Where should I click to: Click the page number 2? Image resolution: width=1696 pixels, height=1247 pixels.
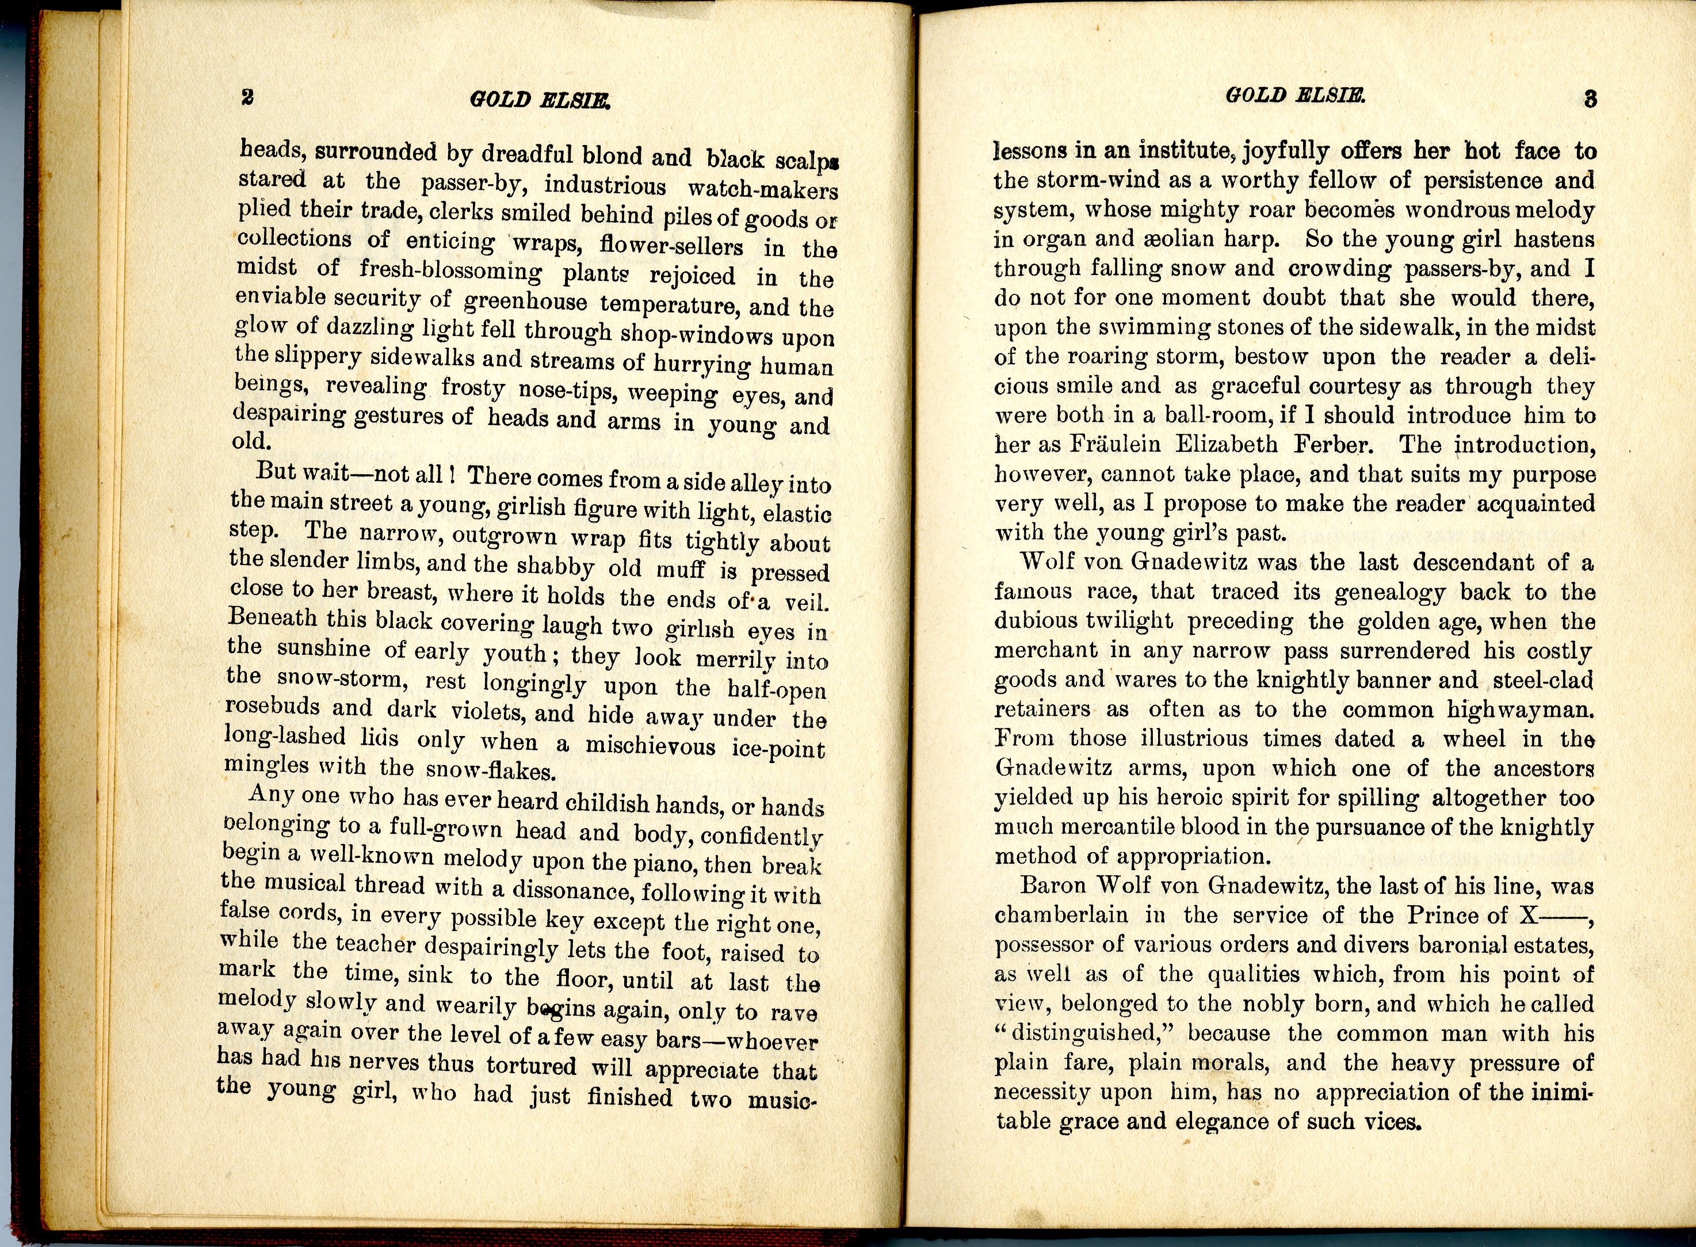coord(247,97)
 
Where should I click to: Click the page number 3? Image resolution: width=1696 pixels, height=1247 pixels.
coord(1590,100)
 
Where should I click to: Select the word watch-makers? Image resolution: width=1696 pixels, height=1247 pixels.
coord(763,189)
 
